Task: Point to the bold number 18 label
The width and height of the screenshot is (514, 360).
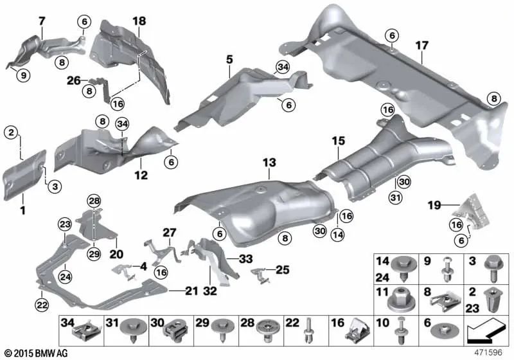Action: [x=139, y=21]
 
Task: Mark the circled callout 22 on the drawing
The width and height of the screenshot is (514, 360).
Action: [x=42, y=305]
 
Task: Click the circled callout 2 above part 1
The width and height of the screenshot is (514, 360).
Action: [x=11, y=133]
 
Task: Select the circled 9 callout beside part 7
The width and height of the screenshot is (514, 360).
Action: [x=23, y=75]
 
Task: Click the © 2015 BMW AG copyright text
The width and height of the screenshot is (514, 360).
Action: [x=33, y=352]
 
